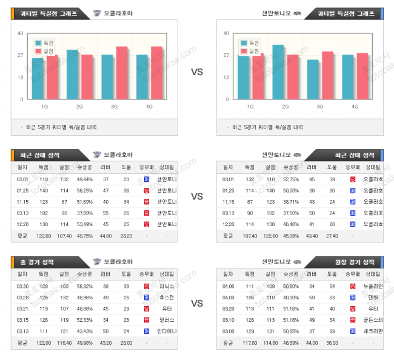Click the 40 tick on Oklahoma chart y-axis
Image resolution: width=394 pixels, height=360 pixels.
tap(21, 33)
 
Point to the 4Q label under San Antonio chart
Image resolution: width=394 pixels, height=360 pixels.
tap(355, 106)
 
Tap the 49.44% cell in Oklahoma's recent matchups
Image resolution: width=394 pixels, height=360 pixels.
tap(84, 179)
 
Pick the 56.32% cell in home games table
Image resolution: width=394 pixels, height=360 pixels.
tap(84, 285)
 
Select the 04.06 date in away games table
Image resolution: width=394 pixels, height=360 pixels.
tap(228, 285)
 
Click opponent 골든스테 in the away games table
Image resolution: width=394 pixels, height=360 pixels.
tap(372, 319)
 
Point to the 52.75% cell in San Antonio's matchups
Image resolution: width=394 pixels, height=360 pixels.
tap(290, 179)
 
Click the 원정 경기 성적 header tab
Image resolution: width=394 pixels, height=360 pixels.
tap(357, 262)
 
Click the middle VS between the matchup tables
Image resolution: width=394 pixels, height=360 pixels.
tap(197, 196)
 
